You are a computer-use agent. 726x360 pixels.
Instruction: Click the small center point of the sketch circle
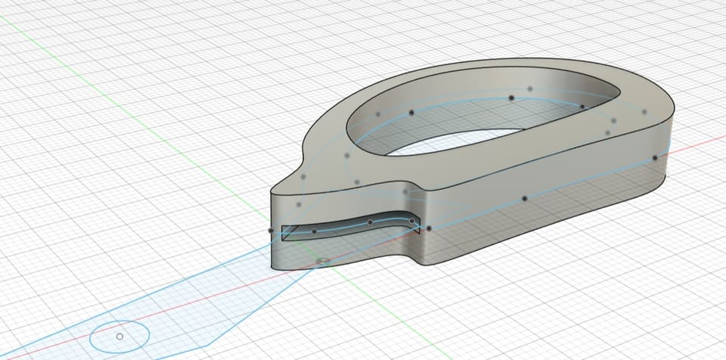[x=119, y=336]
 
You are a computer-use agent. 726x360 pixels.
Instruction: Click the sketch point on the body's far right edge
[x=655, y=158]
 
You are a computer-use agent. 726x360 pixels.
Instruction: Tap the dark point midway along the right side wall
[x=524, y=198]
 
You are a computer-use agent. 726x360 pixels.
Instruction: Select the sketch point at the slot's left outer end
[x=271, y=231]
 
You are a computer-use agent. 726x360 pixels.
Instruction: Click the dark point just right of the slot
[x=429, y=228]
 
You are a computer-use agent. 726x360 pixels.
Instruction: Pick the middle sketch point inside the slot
[x=370, y=222]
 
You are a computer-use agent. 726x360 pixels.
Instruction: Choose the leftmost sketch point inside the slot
[x=314, y=231]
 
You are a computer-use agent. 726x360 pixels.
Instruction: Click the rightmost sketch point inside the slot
[x=411, y=221]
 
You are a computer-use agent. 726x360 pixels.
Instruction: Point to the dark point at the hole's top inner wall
[x=511, y=98]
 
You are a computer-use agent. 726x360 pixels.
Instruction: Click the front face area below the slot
[x=340, y=253]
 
